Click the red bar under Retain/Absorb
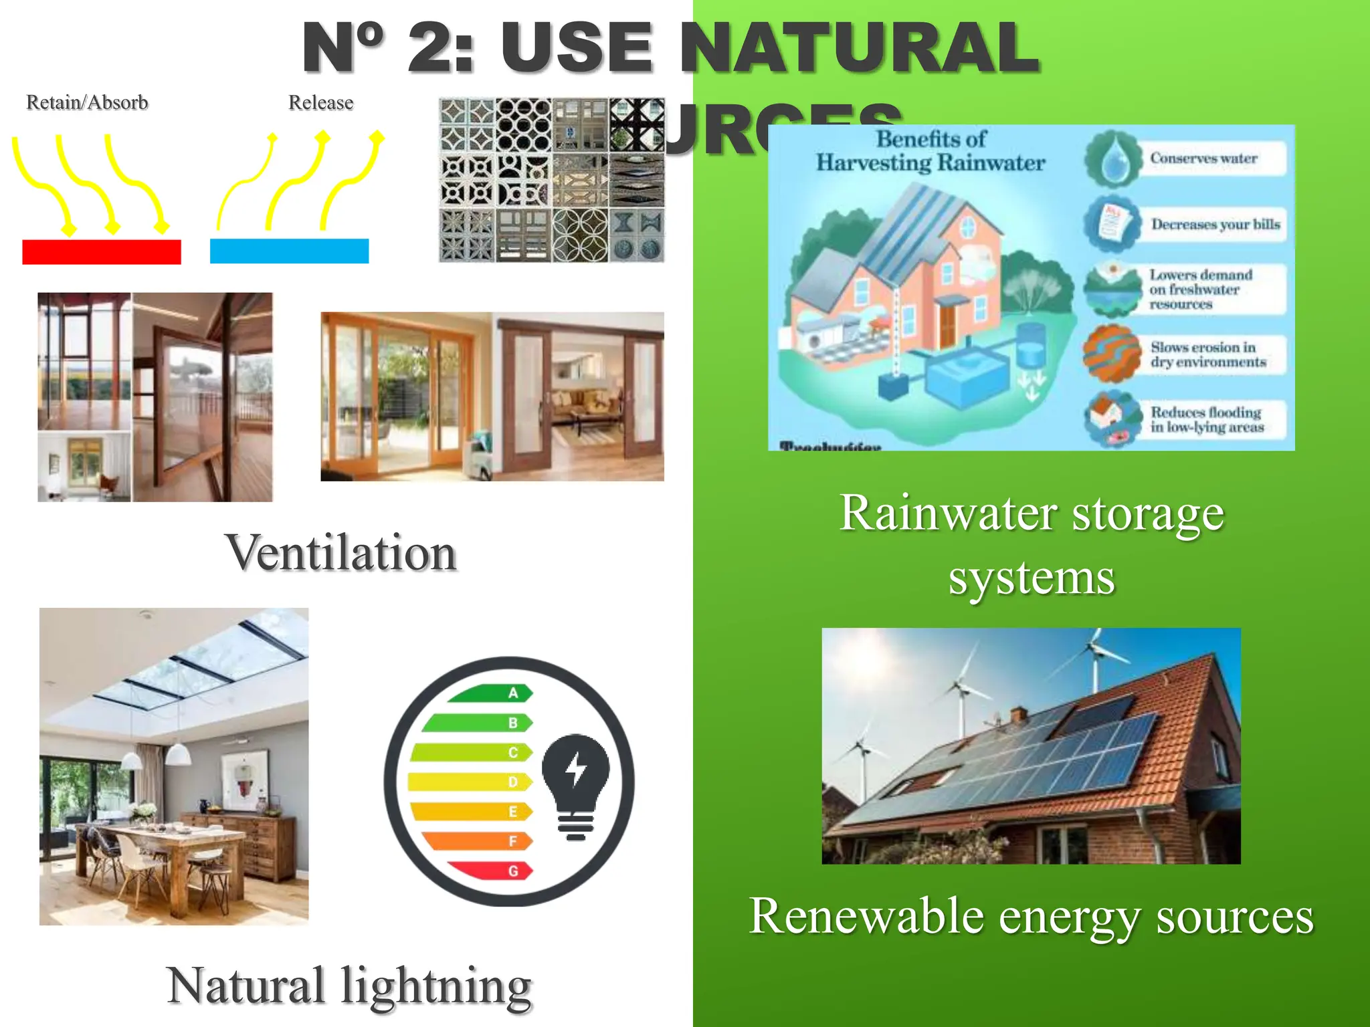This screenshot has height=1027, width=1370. point(102,252)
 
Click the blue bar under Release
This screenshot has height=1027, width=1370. point(289,251)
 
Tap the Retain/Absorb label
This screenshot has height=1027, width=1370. point(87,102)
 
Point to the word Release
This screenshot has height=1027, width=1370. point(320,102)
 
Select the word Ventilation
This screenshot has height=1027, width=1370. point(340,553)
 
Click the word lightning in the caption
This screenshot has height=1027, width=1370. point(436,986)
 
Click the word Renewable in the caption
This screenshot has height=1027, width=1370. point(866,916)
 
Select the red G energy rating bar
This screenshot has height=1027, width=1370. point(492,871)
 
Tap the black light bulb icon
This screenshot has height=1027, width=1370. point(576,782)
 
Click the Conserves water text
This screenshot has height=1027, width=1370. point(1203,158)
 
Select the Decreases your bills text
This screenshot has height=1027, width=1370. point(1215,224)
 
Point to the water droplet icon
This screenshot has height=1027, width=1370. point(1112,159)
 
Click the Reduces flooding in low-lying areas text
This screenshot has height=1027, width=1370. point(1207,420)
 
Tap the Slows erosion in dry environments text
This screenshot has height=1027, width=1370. point(1208,354)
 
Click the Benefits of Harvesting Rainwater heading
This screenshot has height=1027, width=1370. point(931,150)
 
